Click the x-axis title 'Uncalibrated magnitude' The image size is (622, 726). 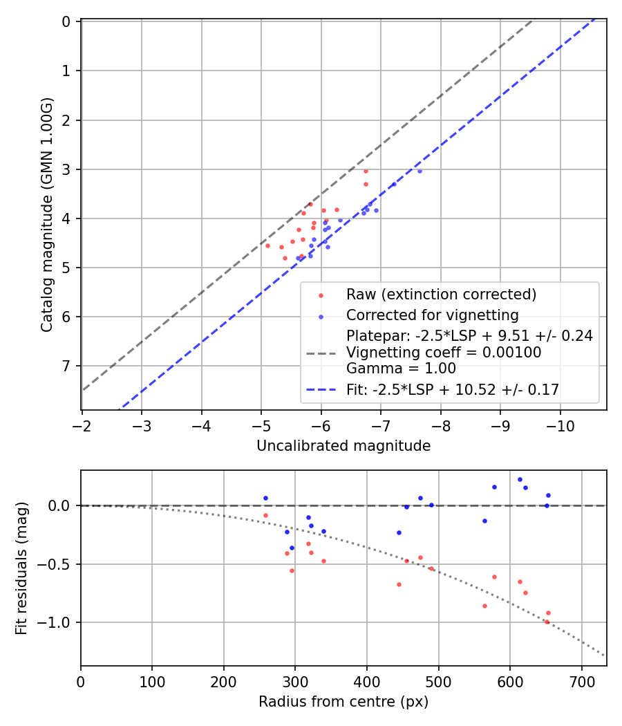343,446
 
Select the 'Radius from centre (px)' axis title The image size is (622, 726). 343,702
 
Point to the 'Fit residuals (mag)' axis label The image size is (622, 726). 21,568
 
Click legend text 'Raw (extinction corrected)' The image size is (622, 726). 441,295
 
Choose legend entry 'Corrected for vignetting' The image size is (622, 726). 432,315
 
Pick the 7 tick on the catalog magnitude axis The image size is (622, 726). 66,366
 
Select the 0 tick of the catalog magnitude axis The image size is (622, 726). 66,21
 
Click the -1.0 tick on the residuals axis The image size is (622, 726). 60,622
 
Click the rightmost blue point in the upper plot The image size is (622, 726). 420,171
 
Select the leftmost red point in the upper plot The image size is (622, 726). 267,245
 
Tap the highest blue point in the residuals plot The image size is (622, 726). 520,479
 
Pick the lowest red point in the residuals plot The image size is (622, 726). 547,622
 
